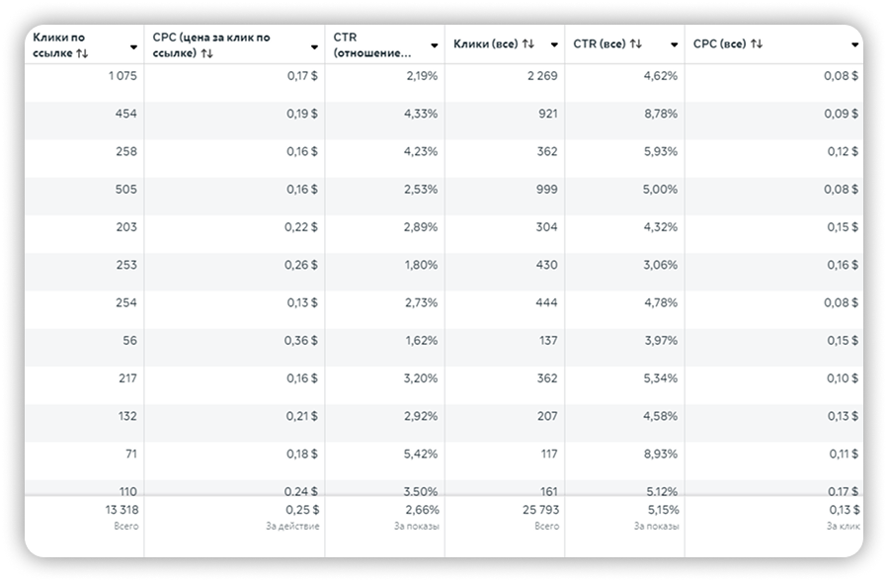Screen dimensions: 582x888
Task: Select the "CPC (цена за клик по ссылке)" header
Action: point(211,44)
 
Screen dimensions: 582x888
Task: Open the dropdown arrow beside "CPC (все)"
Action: point(855,45)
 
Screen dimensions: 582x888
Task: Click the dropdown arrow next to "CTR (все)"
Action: point(675,45)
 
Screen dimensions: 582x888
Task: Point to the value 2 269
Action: point(542,75)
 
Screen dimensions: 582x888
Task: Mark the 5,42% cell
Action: point(422,455)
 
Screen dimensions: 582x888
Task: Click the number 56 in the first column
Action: point(129,341)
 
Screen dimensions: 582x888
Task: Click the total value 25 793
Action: point(539,510)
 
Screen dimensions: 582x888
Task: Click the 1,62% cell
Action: point(422,341)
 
